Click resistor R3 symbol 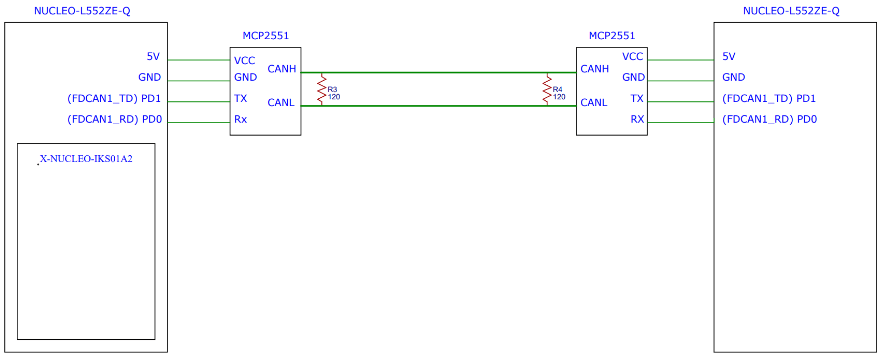(321, 89)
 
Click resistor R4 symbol (547, 89)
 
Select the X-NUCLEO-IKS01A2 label (86, 159)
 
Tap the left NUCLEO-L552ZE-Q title (82, 11)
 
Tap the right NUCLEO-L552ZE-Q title (791, 11)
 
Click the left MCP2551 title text (265, 36)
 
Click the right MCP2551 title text (612, 35)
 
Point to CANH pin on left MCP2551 (281, 69)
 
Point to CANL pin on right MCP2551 (594, 102)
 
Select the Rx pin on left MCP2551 (241, 119)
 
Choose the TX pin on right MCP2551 (637, 99)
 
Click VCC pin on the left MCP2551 (245, 60)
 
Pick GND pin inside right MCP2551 (633, 77)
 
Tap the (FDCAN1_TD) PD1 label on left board (114, 99)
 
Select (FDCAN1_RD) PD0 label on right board (769, 119)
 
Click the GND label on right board (733, 77)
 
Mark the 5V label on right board (728, 57)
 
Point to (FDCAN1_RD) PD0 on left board (114, 119)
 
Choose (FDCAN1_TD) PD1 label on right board (769, 99)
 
